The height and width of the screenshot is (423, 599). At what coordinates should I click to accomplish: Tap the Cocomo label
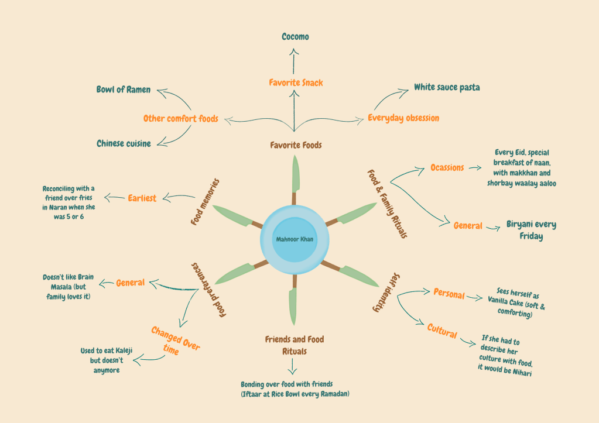click(x=295, y=37)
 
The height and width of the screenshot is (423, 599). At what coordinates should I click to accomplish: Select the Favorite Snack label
click(x=296, y=82)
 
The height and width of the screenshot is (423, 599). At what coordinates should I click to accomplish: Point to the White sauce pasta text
click(x=447, y=87)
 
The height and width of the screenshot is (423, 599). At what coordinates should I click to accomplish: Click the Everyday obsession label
click(x=403, y=118)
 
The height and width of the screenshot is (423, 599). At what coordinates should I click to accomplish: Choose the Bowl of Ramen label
click(x=124, y=90)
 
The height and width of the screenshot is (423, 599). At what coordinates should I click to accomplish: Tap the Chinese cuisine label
click(x=124, y=143)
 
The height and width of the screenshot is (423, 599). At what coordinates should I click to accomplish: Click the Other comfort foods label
click(x=180, y=119)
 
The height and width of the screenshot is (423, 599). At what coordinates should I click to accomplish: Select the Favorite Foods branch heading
click(x=296, y=145)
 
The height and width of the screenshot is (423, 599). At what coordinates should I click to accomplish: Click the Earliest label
click(x=142, y=198)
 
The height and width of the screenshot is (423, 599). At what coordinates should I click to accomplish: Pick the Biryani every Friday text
click(x=530, y=231)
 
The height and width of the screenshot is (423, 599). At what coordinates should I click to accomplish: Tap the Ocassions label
click(x=447, y=167)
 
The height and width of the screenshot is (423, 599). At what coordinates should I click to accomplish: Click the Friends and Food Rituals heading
click(x=294, y=345)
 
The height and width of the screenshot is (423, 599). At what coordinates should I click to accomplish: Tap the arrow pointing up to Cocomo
click(x=295, y=61)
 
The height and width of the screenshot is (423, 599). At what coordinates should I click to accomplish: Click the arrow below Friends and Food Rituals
click(x=293, y=367)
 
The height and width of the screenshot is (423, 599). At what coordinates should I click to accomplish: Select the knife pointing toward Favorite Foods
click(x=295, y=178)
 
